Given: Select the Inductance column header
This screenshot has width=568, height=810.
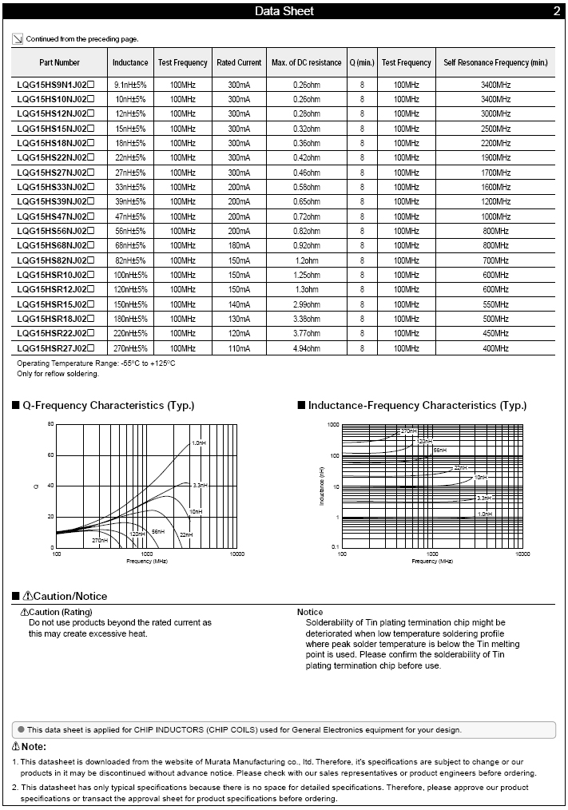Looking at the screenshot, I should (130, 62).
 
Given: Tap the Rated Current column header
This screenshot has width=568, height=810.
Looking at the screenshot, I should (239, 62).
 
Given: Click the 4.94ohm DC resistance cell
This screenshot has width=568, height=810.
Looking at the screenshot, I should (306, 348).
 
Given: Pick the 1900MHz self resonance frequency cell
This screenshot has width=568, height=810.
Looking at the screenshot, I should (495, 158).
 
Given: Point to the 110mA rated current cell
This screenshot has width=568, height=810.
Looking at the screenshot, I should (239, 348).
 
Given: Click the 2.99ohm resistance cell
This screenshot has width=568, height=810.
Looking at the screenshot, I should (306, 304).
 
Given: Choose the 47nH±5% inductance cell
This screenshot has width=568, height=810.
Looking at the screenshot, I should (130, 216).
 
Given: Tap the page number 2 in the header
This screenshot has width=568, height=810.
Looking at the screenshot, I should (557, 11).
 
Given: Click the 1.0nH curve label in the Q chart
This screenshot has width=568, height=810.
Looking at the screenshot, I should (198, 443).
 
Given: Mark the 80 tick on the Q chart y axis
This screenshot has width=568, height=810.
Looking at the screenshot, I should (50, 424).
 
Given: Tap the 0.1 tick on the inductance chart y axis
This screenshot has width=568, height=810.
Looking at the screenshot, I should (336, 547).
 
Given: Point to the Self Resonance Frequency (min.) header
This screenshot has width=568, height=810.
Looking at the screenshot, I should (495, 62).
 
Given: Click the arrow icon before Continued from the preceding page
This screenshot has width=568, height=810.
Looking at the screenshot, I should (18, 38).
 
